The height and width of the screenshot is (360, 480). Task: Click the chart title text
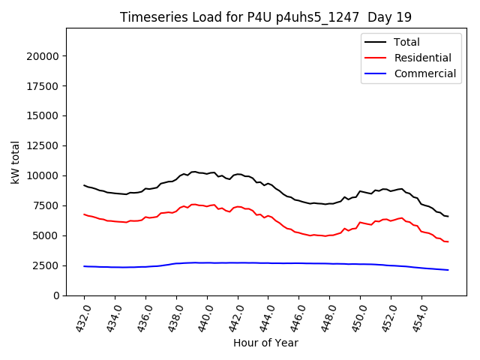click(265, 17)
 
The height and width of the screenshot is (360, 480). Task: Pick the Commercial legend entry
click(424, 73)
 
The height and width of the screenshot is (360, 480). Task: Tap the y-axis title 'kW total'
click(16, 161)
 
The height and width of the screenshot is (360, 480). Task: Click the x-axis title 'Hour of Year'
click(265, 343)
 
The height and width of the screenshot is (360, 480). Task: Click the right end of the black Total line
click(448, 216)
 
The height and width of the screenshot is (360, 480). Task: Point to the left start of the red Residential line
click(84, 214)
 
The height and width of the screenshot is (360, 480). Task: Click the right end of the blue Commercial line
click(448, 270)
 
